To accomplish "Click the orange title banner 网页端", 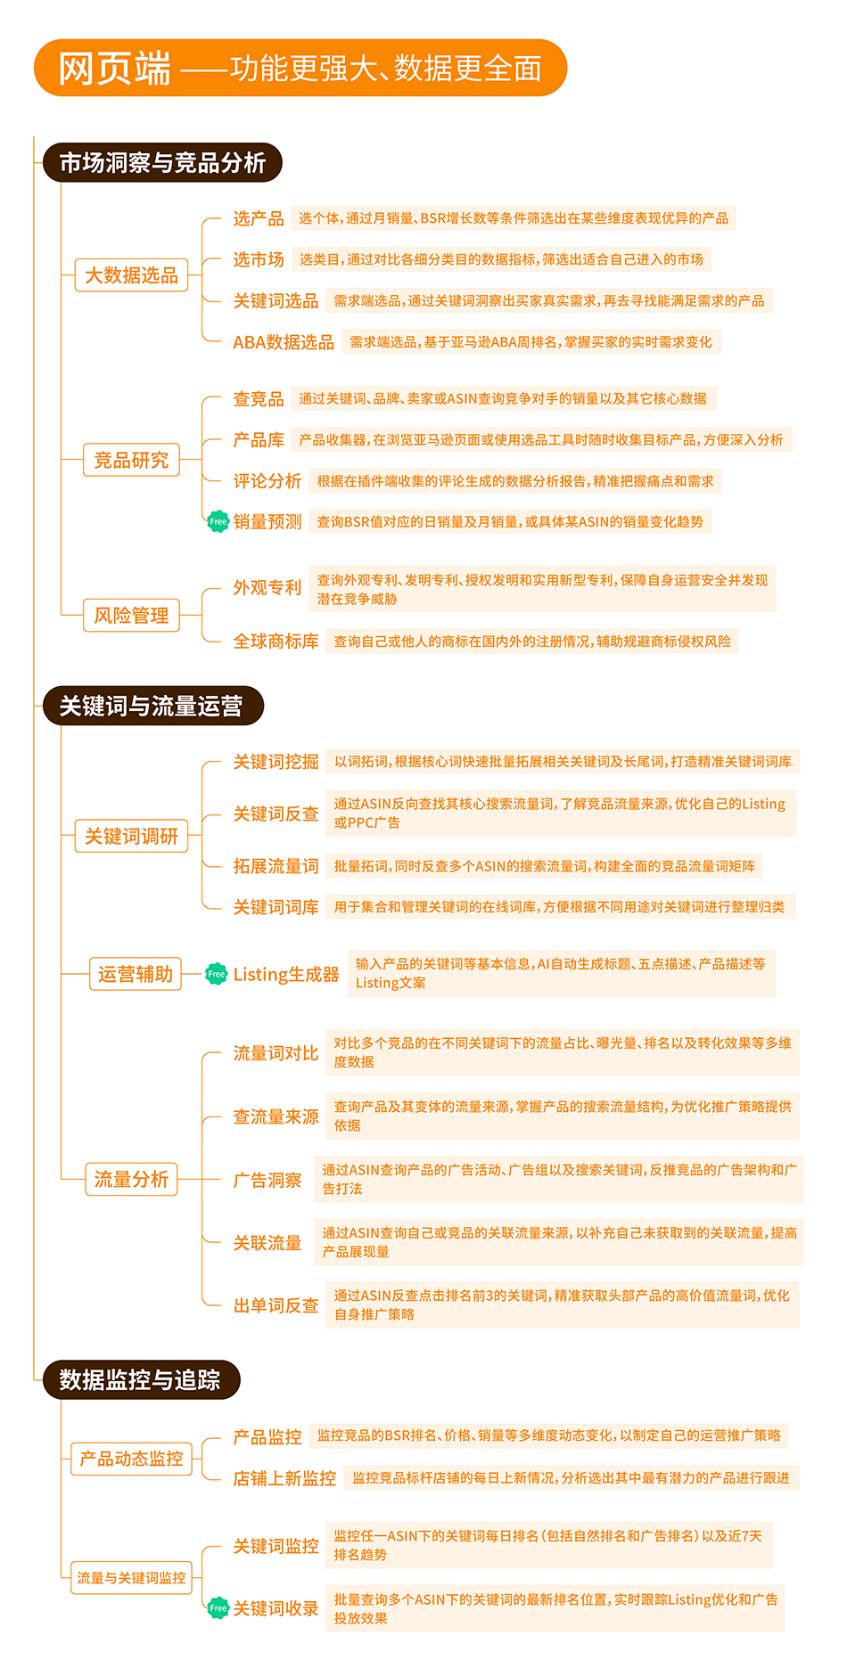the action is pyautogui.click(x=300, y=68).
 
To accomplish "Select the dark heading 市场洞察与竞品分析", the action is pyautogui.click(x=162, y=162).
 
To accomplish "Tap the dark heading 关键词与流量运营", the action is pyautogui.click(x=153, y=706).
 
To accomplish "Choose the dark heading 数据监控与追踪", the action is pyautogui.click(x=142, y=1379).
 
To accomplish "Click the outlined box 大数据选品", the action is pyautogui.click(x=132, y=275).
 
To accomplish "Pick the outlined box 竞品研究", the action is pyautogui.click(x=132, y=460).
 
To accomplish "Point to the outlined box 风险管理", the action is pyautogui.click(x=132, y=615).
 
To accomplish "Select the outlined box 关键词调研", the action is pyautogui.click(x=132, y=836).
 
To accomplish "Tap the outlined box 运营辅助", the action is pyautogui.click(x=136, y=974).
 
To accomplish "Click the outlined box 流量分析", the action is pyautogui.click(x=132, y=1179).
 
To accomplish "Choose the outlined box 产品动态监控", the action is pyautogui.click(x=132, y=1459).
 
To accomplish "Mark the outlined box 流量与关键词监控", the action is pyautogui.click(x=132, y=1577).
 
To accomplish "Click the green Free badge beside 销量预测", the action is pyautogui.click(x=218, y=521).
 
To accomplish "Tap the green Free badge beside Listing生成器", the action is pyautogui.click(x=217, y=974).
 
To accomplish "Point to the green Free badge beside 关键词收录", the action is pyautogui.click(x=218, y=1607).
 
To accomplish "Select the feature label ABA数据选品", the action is pyautogui.click(x=284, y=342).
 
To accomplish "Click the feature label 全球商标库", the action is pyautogui.click(x=276, y=642).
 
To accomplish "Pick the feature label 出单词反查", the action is pyautogui.click(x=276, y=1305).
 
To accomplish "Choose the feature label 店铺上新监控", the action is pyautogui.click(x=285, y=1478).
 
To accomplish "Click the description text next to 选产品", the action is pyautogui.click(x=514, y=218).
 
